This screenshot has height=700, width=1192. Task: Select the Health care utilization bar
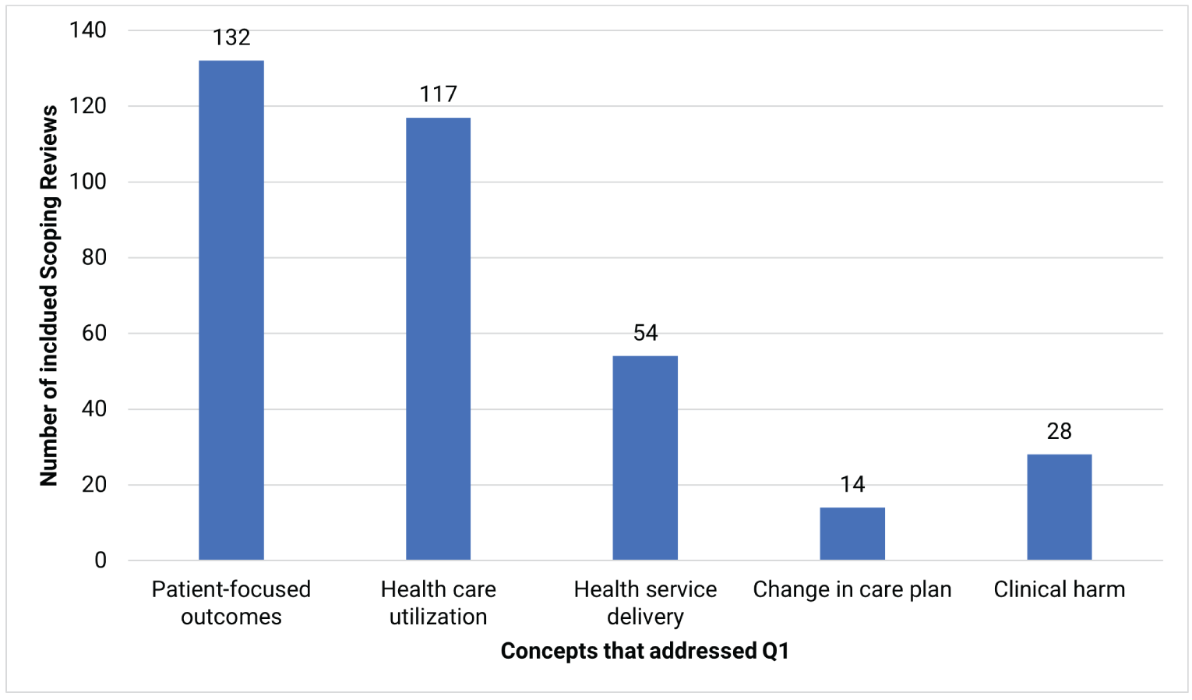(438, 338)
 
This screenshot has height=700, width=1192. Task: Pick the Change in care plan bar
(852, 533)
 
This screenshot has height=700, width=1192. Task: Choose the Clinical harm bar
(1059, 507)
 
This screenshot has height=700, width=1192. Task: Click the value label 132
(231, 37)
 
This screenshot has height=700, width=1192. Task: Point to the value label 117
(438, 94)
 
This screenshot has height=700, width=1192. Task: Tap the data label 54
(645, 333)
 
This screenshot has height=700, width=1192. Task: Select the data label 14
(852, 484)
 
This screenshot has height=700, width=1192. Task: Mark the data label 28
(1059, 431)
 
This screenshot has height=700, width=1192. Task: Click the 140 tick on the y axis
(88, 30)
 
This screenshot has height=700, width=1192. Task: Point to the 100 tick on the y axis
(88, 182)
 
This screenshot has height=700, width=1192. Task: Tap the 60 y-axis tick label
(93, 333)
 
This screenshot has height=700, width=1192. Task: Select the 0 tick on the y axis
(101, 560)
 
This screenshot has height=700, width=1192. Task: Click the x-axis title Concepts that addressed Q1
(644, 651)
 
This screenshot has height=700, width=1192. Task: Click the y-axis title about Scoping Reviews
(49, 295)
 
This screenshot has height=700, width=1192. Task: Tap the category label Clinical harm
(1059, 589)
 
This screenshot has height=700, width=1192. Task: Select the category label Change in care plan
(852, 589)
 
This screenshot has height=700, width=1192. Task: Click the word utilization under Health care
(438, 617)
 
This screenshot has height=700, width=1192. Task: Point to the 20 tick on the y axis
(93, 484)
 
